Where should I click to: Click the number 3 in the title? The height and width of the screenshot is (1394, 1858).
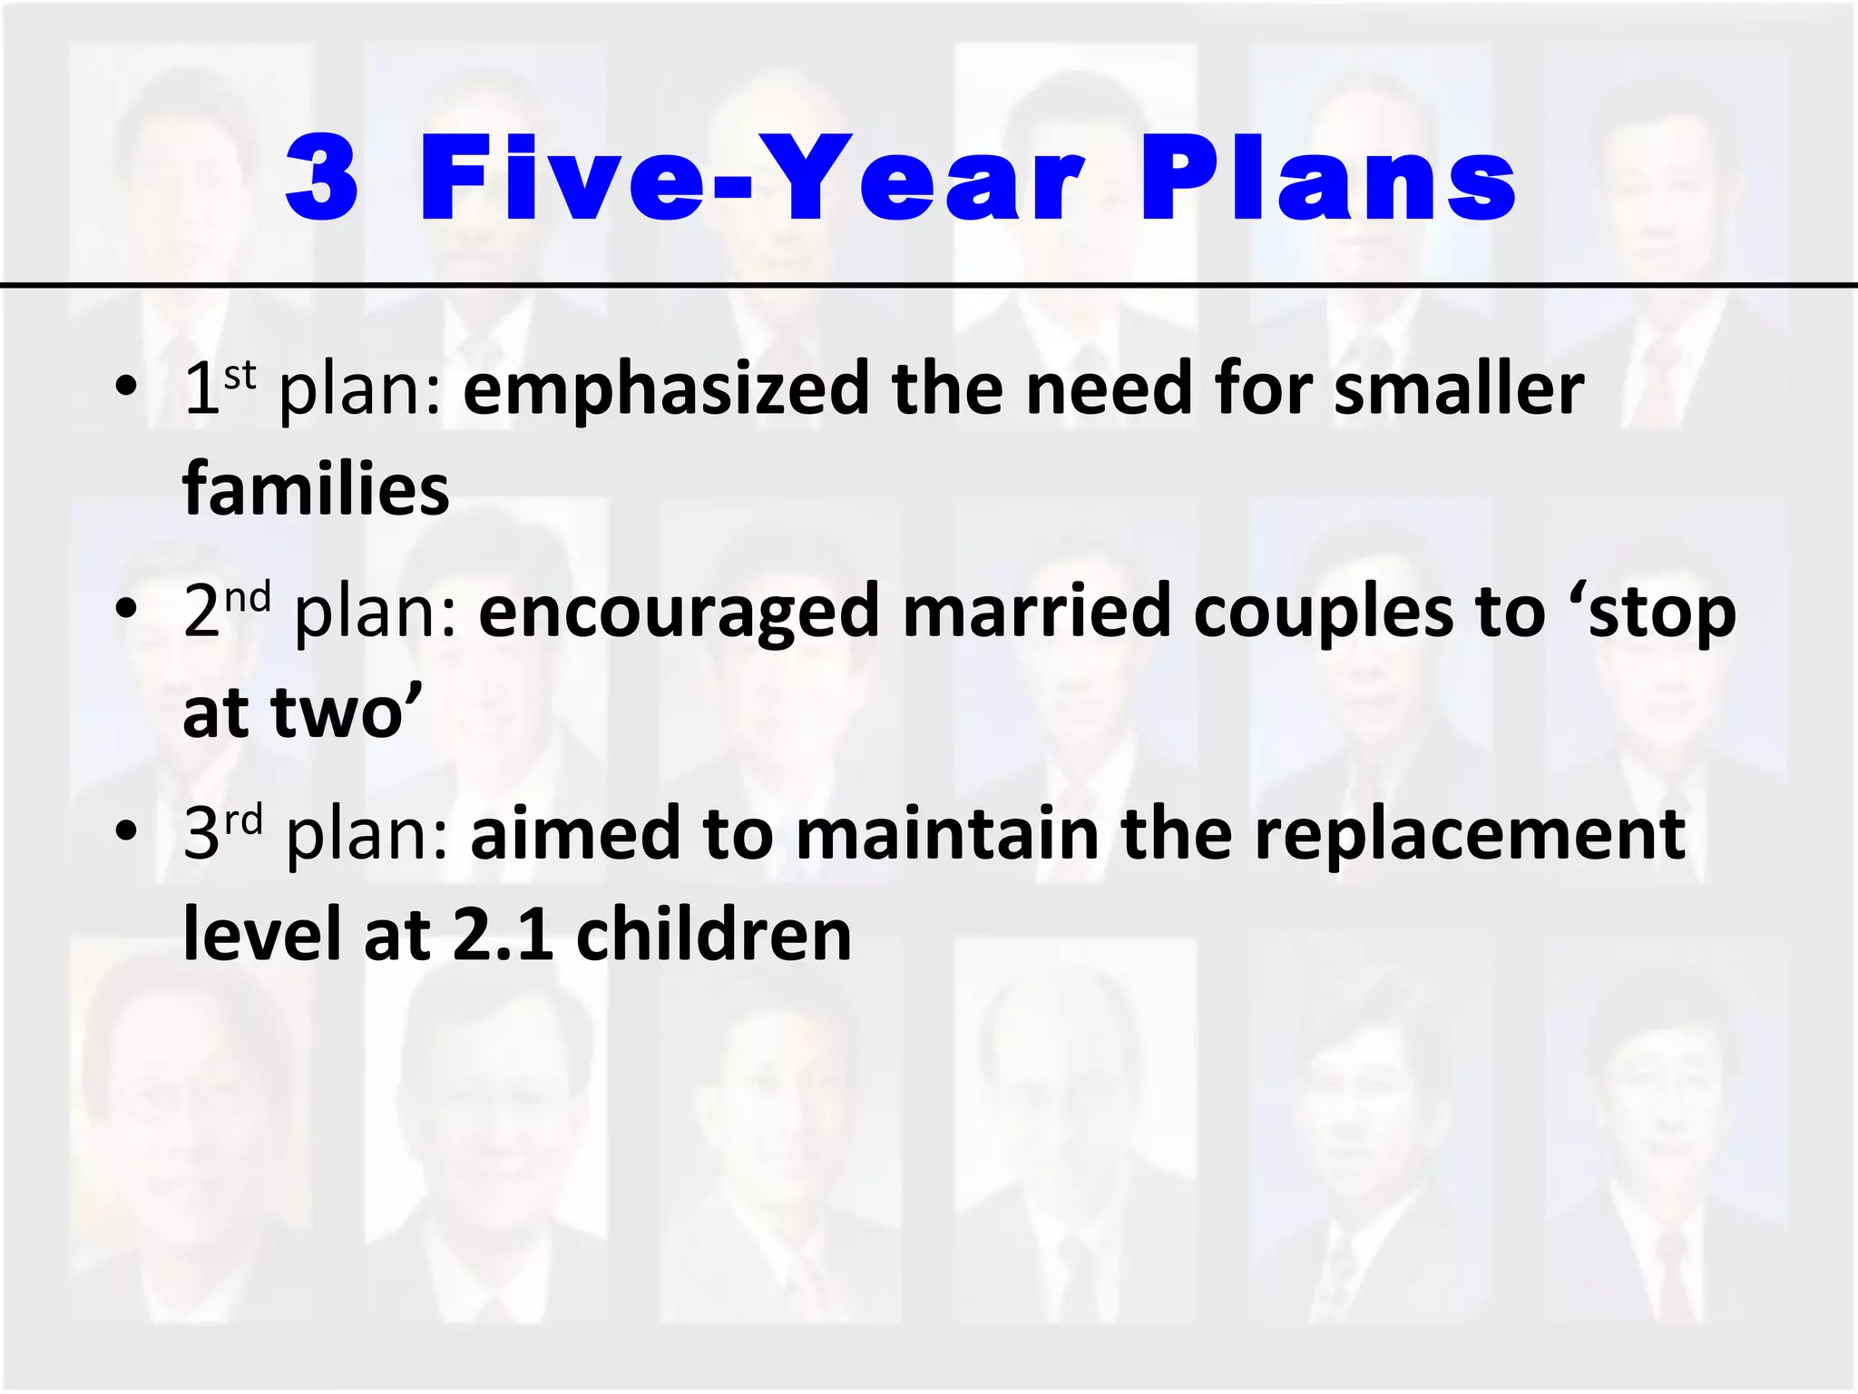(x=322, y=179)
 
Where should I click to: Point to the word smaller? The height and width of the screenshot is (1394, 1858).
(x=1459, y=388)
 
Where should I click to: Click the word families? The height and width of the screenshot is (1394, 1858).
(x=316, y=490)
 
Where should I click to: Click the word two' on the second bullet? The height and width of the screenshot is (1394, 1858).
(x=347, y=712)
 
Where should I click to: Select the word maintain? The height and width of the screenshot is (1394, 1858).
(x=947, y=834)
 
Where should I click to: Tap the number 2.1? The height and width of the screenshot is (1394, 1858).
(x=504, y=936)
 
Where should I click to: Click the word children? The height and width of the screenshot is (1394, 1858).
(x=714, y=936)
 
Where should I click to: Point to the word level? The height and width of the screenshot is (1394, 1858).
(x=262, y=936)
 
